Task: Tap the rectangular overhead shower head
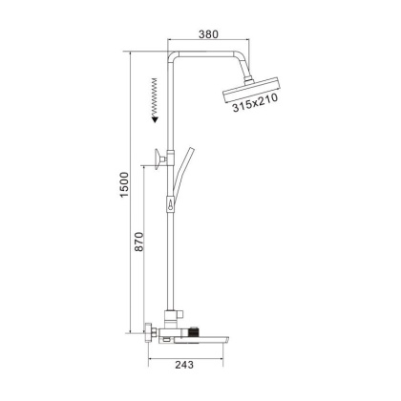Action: click(x=250, y=94)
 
